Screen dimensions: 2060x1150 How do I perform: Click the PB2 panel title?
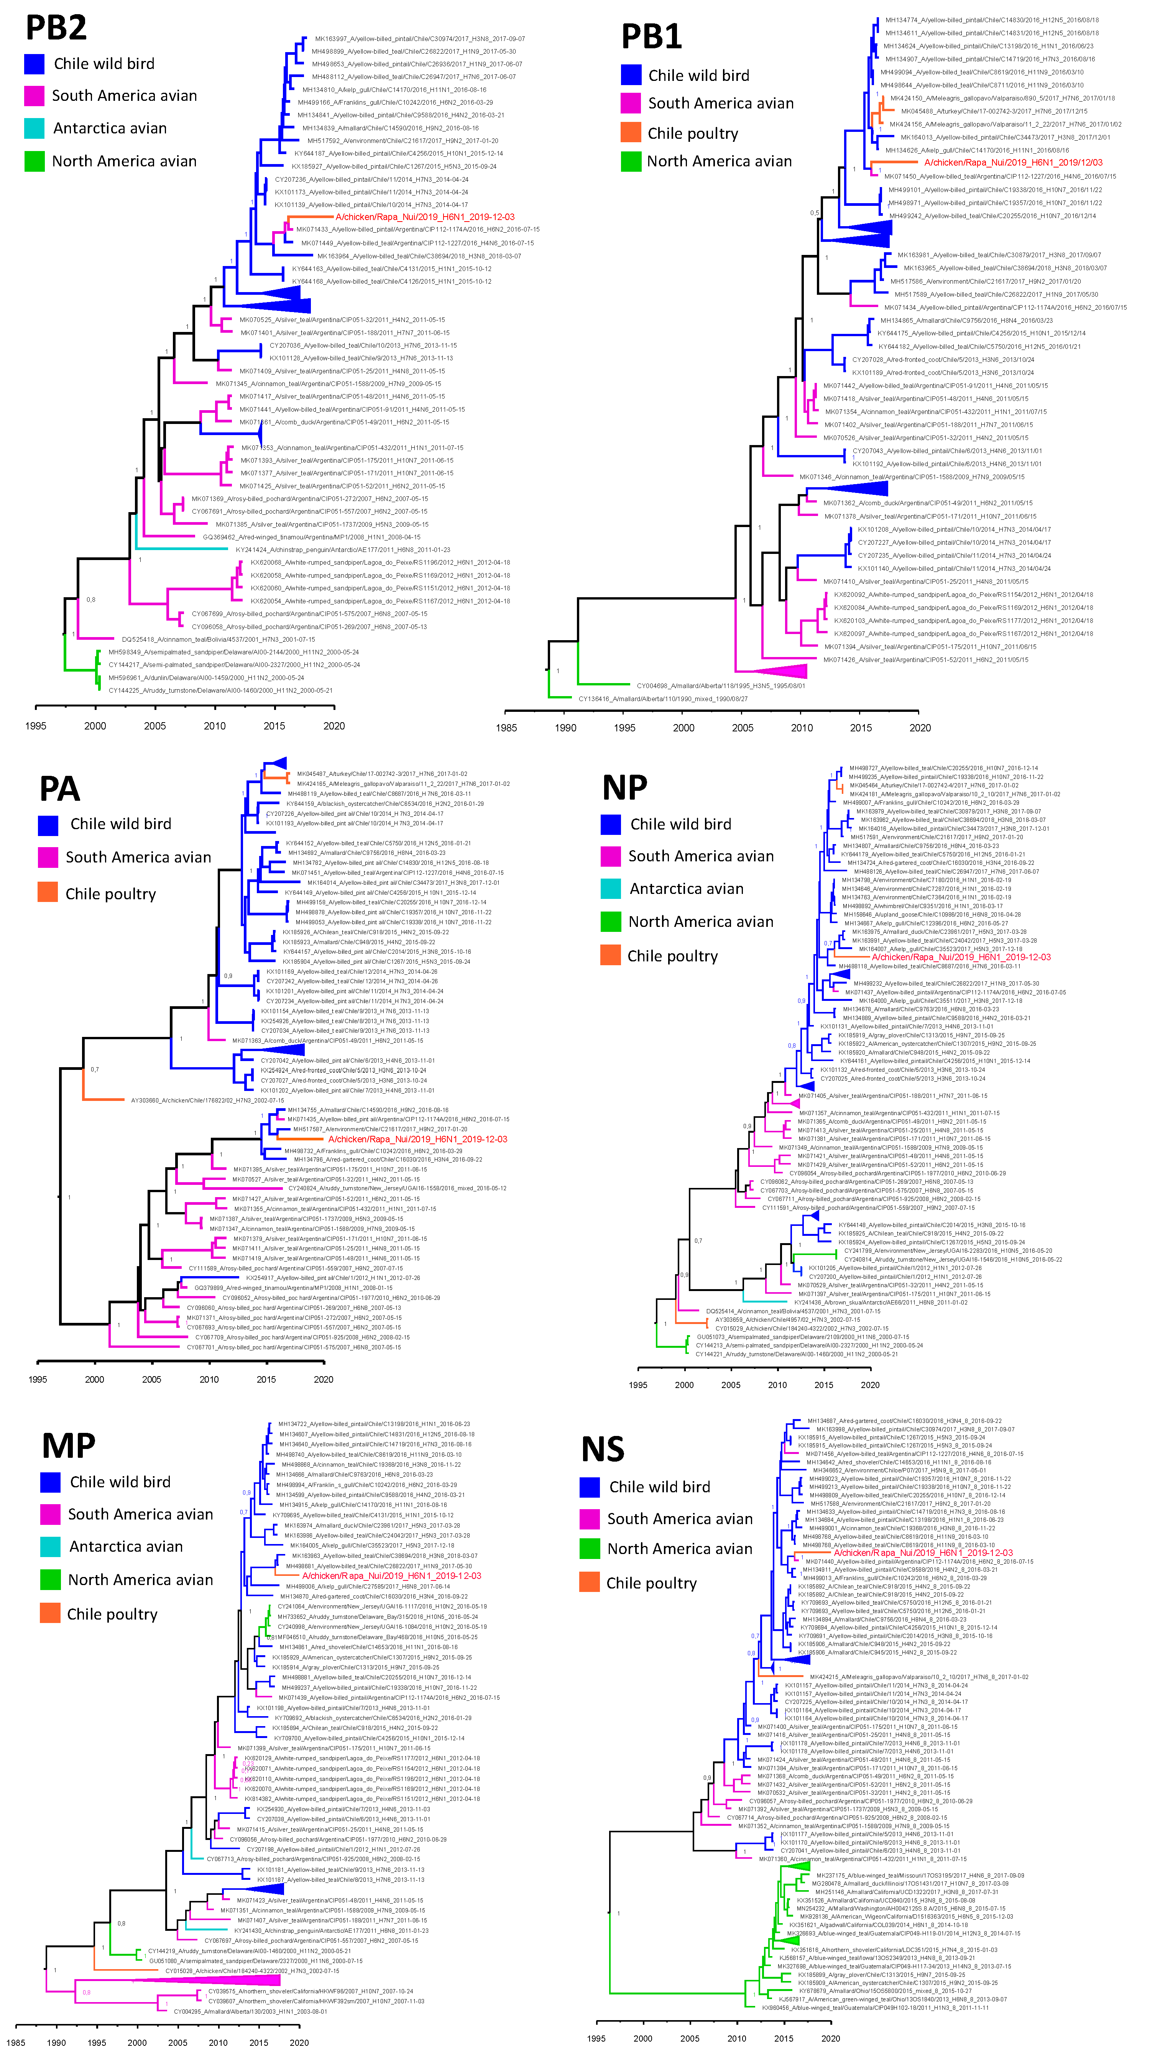(56, 28)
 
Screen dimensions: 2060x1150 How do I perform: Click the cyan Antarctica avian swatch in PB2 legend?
(34, 128)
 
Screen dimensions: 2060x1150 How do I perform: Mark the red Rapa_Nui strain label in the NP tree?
(961, 957)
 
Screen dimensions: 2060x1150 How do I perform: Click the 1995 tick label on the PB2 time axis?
(36, 726)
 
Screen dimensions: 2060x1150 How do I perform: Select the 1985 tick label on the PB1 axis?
(506, 728)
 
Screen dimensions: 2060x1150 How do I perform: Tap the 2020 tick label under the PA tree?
(323, 1380)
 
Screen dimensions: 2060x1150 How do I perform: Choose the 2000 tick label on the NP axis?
(684, 1385)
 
